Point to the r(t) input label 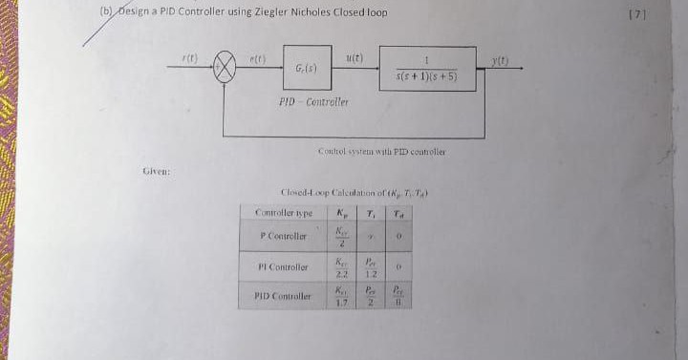189,59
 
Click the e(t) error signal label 257,58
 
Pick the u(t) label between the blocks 355,57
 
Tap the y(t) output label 525,59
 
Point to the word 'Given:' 156,171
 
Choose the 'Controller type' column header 286,211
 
